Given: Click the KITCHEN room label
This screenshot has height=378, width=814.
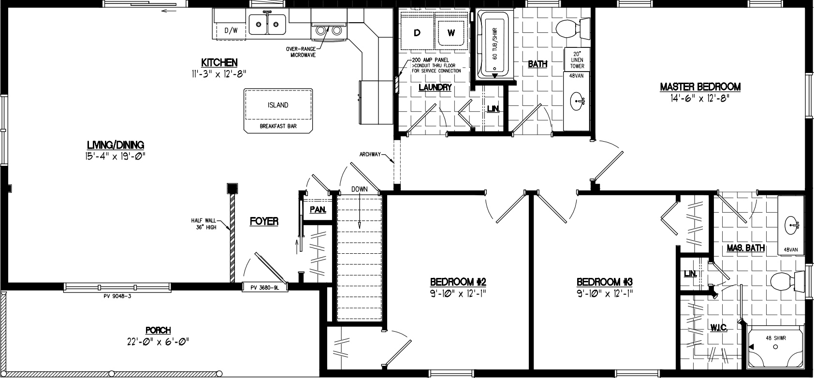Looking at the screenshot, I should point(219,62).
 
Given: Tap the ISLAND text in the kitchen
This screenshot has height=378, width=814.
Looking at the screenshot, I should point(278,105).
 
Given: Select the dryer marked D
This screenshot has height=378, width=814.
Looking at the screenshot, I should point(417,33).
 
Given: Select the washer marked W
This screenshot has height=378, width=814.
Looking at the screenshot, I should point(451,33).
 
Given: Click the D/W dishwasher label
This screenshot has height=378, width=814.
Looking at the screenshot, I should point(232,30).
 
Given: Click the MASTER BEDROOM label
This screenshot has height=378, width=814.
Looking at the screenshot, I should point(700,87).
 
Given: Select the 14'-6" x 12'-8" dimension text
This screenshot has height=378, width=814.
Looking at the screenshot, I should point(700,98).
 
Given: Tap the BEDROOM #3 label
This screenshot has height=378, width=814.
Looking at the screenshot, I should point(604,282).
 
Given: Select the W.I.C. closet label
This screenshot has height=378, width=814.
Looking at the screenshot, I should point(719,327).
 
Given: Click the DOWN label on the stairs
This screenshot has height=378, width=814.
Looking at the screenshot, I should point(359,189).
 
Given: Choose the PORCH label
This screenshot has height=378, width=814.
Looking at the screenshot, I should point(158,331).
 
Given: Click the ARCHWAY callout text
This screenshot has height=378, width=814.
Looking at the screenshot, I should point(371,155).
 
